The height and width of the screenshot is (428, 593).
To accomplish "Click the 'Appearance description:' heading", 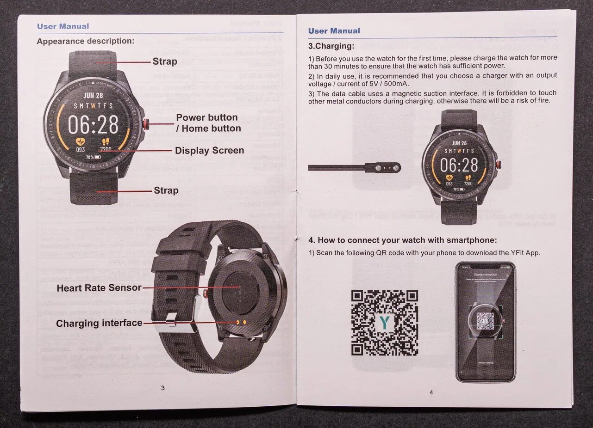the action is [x=86, y=41].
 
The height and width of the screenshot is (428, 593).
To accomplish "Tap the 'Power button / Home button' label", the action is [x=208, y=123].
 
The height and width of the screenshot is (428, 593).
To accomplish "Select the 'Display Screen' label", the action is [x=209, y=151].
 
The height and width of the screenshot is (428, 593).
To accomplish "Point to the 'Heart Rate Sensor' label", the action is [x=99, y=288].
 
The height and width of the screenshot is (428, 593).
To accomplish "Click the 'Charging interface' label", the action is [x=99, y=323].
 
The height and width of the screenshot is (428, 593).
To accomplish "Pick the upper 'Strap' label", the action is [x=165, y=61].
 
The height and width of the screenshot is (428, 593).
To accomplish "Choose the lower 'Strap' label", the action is [x=166, y=190].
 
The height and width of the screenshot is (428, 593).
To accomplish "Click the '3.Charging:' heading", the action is [x=331, y=46].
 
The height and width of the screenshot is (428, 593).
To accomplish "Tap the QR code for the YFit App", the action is [x=384, y=323].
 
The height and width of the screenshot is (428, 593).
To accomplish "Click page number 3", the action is [x=162, y=388].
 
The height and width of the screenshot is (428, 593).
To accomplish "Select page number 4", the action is [x=431, y=392].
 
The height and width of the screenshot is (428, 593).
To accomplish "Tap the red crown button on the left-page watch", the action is [x=146, y=123].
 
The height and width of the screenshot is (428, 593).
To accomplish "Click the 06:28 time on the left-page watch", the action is [x=93, y=124].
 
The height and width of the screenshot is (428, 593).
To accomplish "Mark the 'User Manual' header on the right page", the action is [x=334, y=31].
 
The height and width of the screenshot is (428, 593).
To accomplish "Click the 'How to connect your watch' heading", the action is [x=402, y=240].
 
